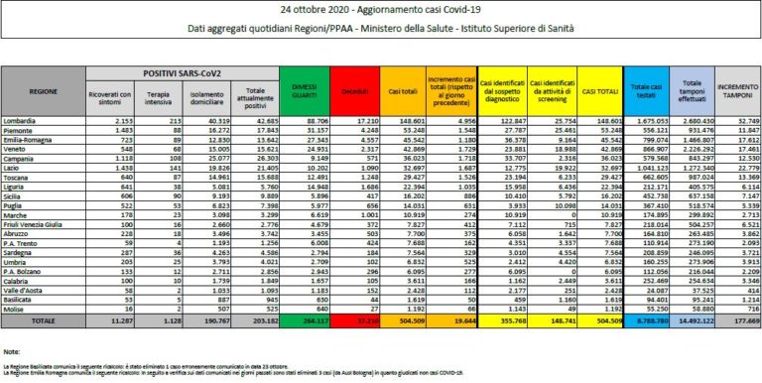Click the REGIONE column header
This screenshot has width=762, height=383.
click(42, 91)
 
